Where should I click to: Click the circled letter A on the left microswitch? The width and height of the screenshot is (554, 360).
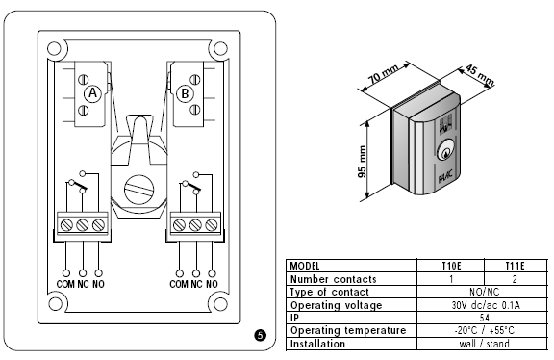[x=92, y=93]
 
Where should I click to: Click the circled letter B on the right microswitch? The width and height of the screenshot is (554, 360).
[x=185, y=94]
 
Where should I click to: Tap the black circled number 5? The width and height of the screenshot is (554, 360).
[x=260, y=335]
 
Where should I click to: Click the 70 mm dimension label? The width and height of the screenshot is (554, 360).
[x=383, y=74]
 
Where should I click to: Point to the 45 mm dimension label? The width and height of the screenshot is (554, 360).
[x=479, y=75]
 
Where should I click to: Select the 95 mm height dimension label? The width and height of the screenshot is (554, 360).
[x=363, y=162]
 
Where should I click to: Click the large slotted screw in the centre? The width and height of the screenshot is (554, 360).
[x=138, y=190]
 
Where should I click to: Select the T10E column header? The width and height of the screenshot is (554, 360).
[x=451, y=266]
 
